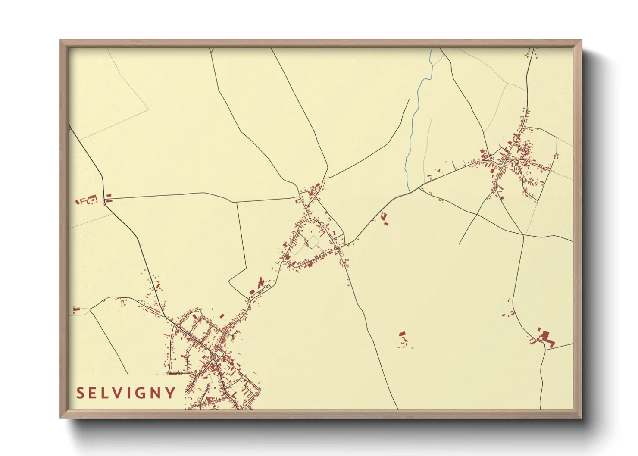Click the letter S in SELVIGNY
[x=81, y=393]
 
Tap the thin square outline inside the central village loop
[x=312, y=241]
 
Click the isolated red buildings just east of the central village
[x=384, y=218]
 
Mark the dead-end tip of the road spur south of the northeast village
[x=459, y=244]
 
